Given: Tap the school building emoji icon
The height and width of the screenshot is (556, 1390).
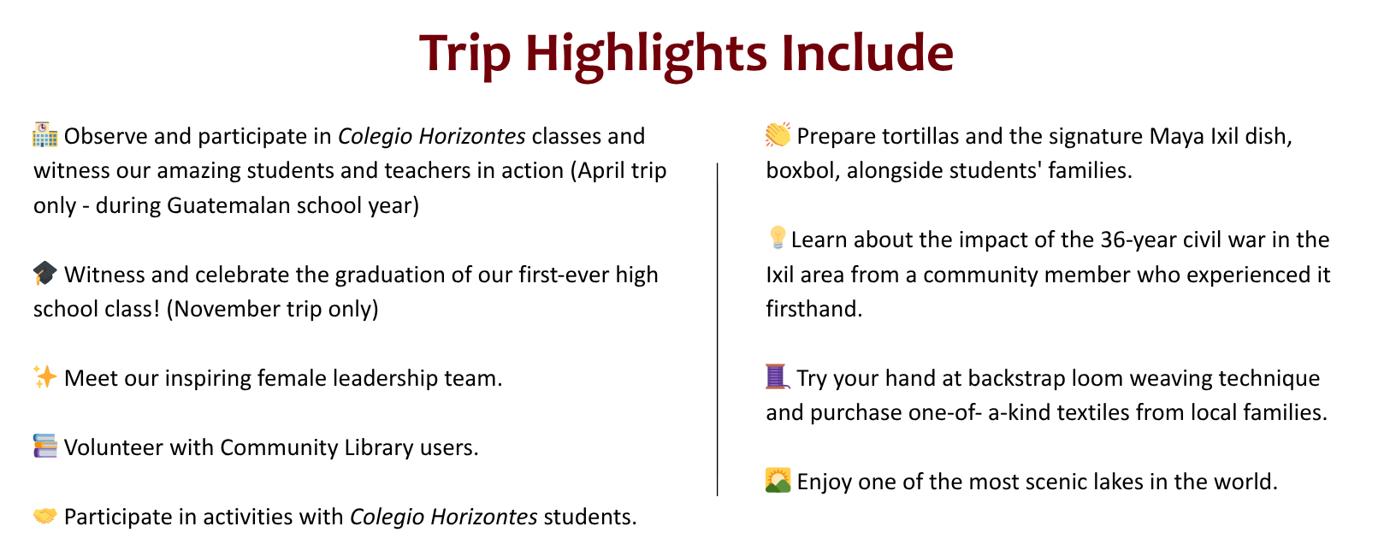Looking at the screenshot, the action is [44, 134].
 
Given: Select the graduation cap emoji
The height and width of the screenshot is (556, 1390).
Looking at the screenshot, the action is [44, 273].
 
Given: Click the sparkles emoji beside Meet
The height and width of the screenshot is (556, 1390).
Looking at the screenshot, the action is [44, 376].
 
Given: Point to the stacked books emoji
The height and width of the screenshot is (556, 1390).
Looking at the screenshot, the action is [44, 446].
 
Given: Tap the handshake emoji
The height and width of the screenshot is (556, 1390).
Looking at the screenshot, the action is [44, 515].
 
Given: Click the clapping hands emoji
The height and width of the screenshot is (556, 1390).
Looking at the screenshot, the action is [778, 134].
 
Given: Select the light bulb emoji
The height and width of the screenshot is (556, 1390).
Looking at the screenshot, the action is [777, 238].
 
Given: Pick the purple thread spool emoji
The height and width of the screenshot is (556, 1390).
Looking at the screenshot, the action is [778, 376].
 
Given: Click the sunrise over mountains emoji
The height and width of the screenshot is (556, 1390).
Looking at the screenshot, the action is [778, 480].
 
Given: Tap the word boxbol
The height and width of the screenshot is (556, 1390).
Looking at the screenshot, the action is [803, 170].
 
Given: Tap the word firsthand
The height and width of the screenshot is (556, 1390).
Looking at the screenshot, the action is [814, 309].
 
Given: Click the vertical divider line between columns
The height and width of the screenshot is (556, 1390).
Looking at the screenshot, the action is [718, 329].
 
